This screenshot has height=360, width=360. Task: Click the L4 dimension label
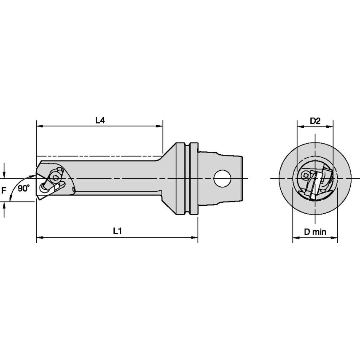coord(99,120)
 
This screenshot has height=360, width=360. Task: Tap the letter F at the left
coord(4,191)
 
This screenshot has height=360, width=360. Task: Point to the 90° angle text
coord(24,188)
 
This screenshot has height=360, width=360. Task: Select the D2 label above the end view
coord(315,121)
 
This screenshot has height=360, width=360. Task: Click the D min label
coord(315,232)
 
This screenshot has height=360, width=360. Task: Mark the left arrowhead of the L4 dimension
coord(39,126)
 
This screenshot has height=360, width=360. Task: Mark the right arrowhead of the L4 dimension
coord(160,126)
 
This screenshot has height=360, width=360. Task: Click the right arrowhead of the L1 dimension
coord(195,238)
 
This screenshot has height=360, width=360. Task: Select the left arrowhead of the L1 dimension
coord(39,238)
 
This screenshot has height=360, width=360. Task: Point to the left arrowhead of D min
coord(296,238)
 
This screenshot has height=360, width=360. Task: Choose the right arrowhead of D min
coord(335,238)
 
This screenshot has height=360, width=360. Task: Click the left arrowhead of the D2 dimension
coord(299,126)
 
